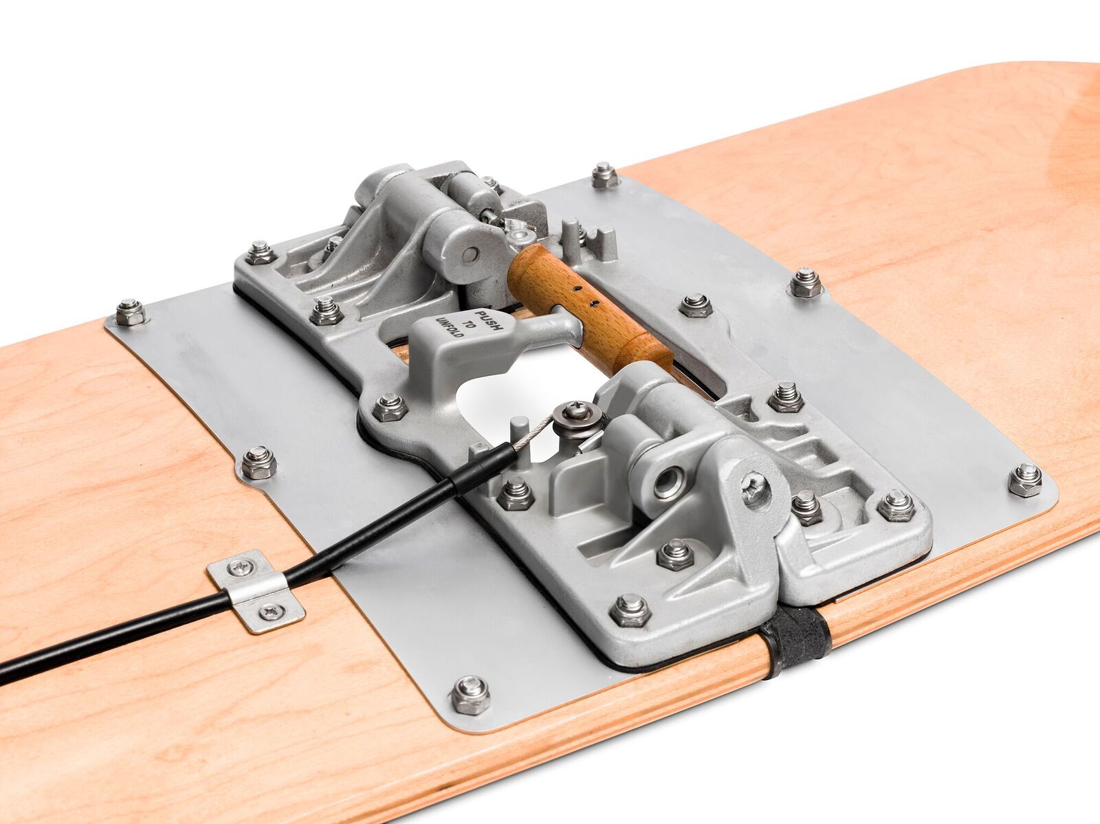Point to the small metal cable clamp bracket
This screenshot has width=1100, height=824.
point(256,591)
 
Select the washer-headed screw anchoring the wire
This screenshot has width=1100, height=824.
point(576,416)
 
